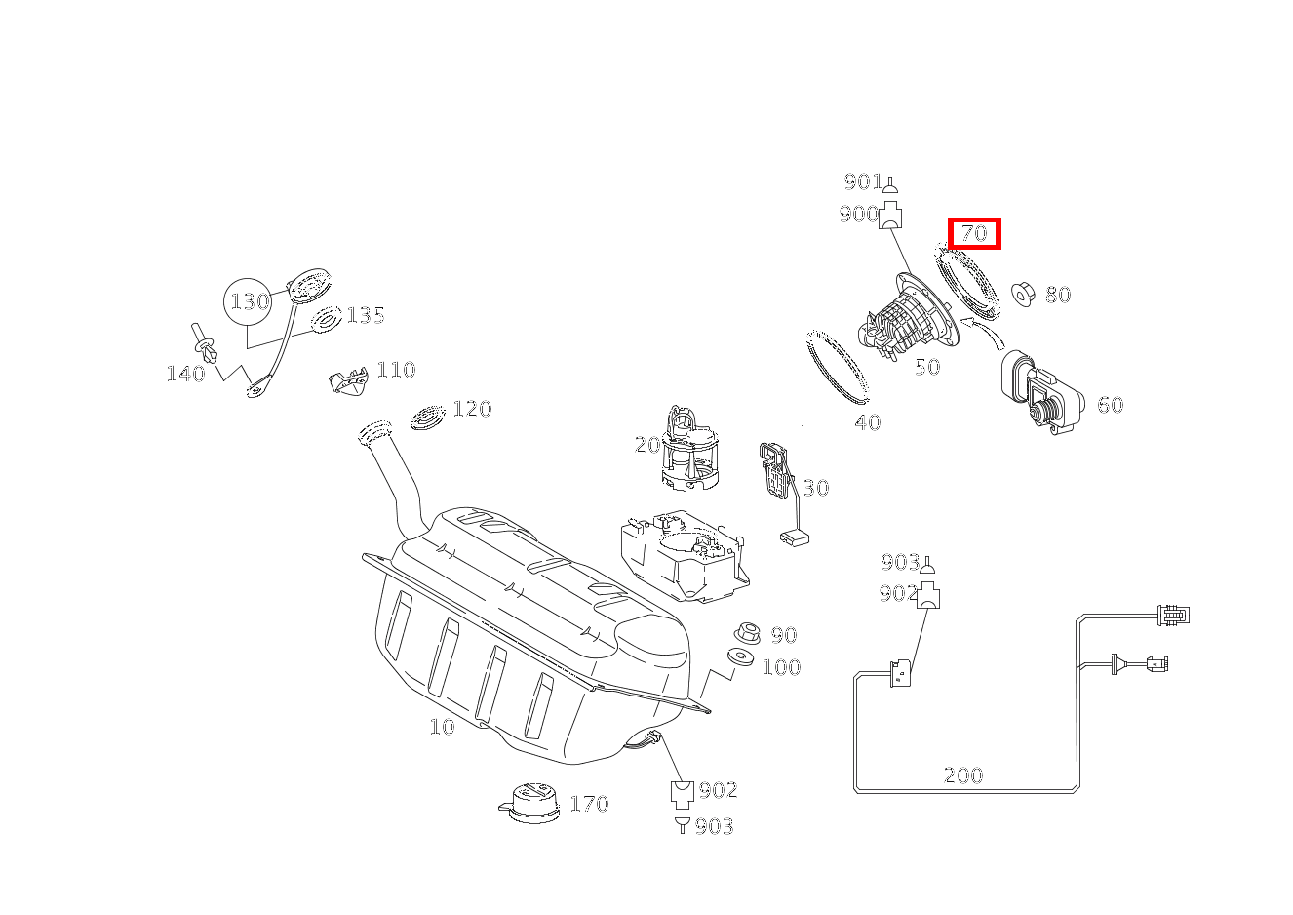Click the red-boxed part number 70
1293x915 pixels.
(974, 234)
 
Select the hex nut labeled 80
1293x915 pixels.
(1023, 295)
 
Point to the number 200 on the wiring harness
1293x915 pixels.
(963, 775)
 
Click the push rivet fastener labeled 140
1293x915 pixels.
(207, 343)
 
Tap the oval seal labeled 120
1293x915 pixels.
(428, 417)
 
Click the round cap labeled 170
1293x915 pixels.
(529, 803)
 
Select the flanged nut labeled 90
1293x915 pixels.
(748, 633)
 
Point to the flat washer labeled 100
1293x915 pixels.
(740, 657)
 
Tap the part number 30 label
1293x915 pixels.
(815, 488)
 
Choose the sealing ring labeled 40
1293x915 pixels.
(837, 366)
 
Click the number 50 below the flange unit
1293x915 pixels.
(927, 367)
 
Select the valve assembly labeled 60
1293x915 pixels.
(1041, 392)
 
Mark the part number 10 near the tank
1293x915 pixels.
(442, 726)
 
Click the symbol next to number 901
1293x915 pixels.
(890, 184)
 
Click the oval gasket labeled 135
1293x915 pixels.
(326, 319)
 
